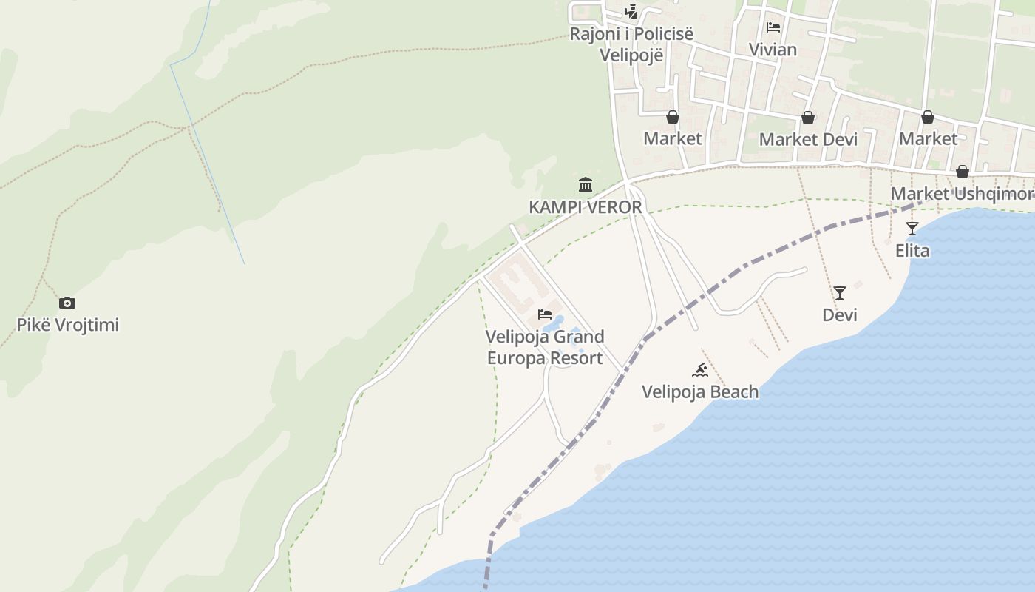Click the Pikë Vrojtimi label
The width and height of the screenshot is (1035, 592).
(68, 325)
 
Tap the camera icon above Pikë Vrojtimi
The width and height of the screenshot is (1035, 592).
(67, 303)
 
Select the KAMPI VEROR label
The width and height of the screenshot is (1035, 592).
(586, 207)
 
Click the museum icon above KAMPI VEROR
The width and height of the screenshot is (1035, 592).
(586, 184)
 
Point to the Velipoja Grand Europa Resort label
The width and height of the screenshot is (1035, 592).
(545, 348)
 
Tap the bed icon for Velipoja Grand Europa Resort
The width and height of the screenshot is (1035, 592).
(545, 314)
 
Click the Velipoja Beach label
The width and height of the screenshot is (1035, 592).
(700, 391)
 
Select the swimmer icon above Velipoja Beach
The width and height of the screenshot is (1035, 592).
(700, 369)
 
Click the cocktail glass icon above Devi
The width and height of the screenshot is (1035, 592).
(840, 293)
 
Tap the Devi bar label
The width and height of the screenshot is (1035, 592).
(840, 315)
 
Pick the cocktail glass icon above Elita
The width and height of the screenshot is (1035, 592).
(912, 229)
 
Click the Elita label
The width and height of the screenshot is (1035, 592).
(912, 251)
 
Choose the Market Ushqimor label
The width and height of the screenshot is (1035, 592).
(962, 194)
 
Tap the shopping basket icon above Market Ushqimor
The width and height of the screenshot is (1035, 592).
(962, 172)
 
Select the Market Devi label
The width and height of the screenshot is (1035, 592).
(808, 139)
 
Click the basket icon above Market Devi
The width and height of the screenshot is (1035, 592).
(808, 118)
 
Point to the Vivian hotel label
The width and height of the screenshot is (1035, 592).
(773, 50)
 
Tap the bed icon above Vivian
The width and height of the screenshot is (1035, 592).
(773, 27)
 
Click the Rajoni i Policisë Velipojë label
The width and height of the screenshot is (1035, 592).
(631, 44)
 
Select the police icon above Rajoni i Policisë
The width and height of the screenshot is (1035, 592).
(631, 11)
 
